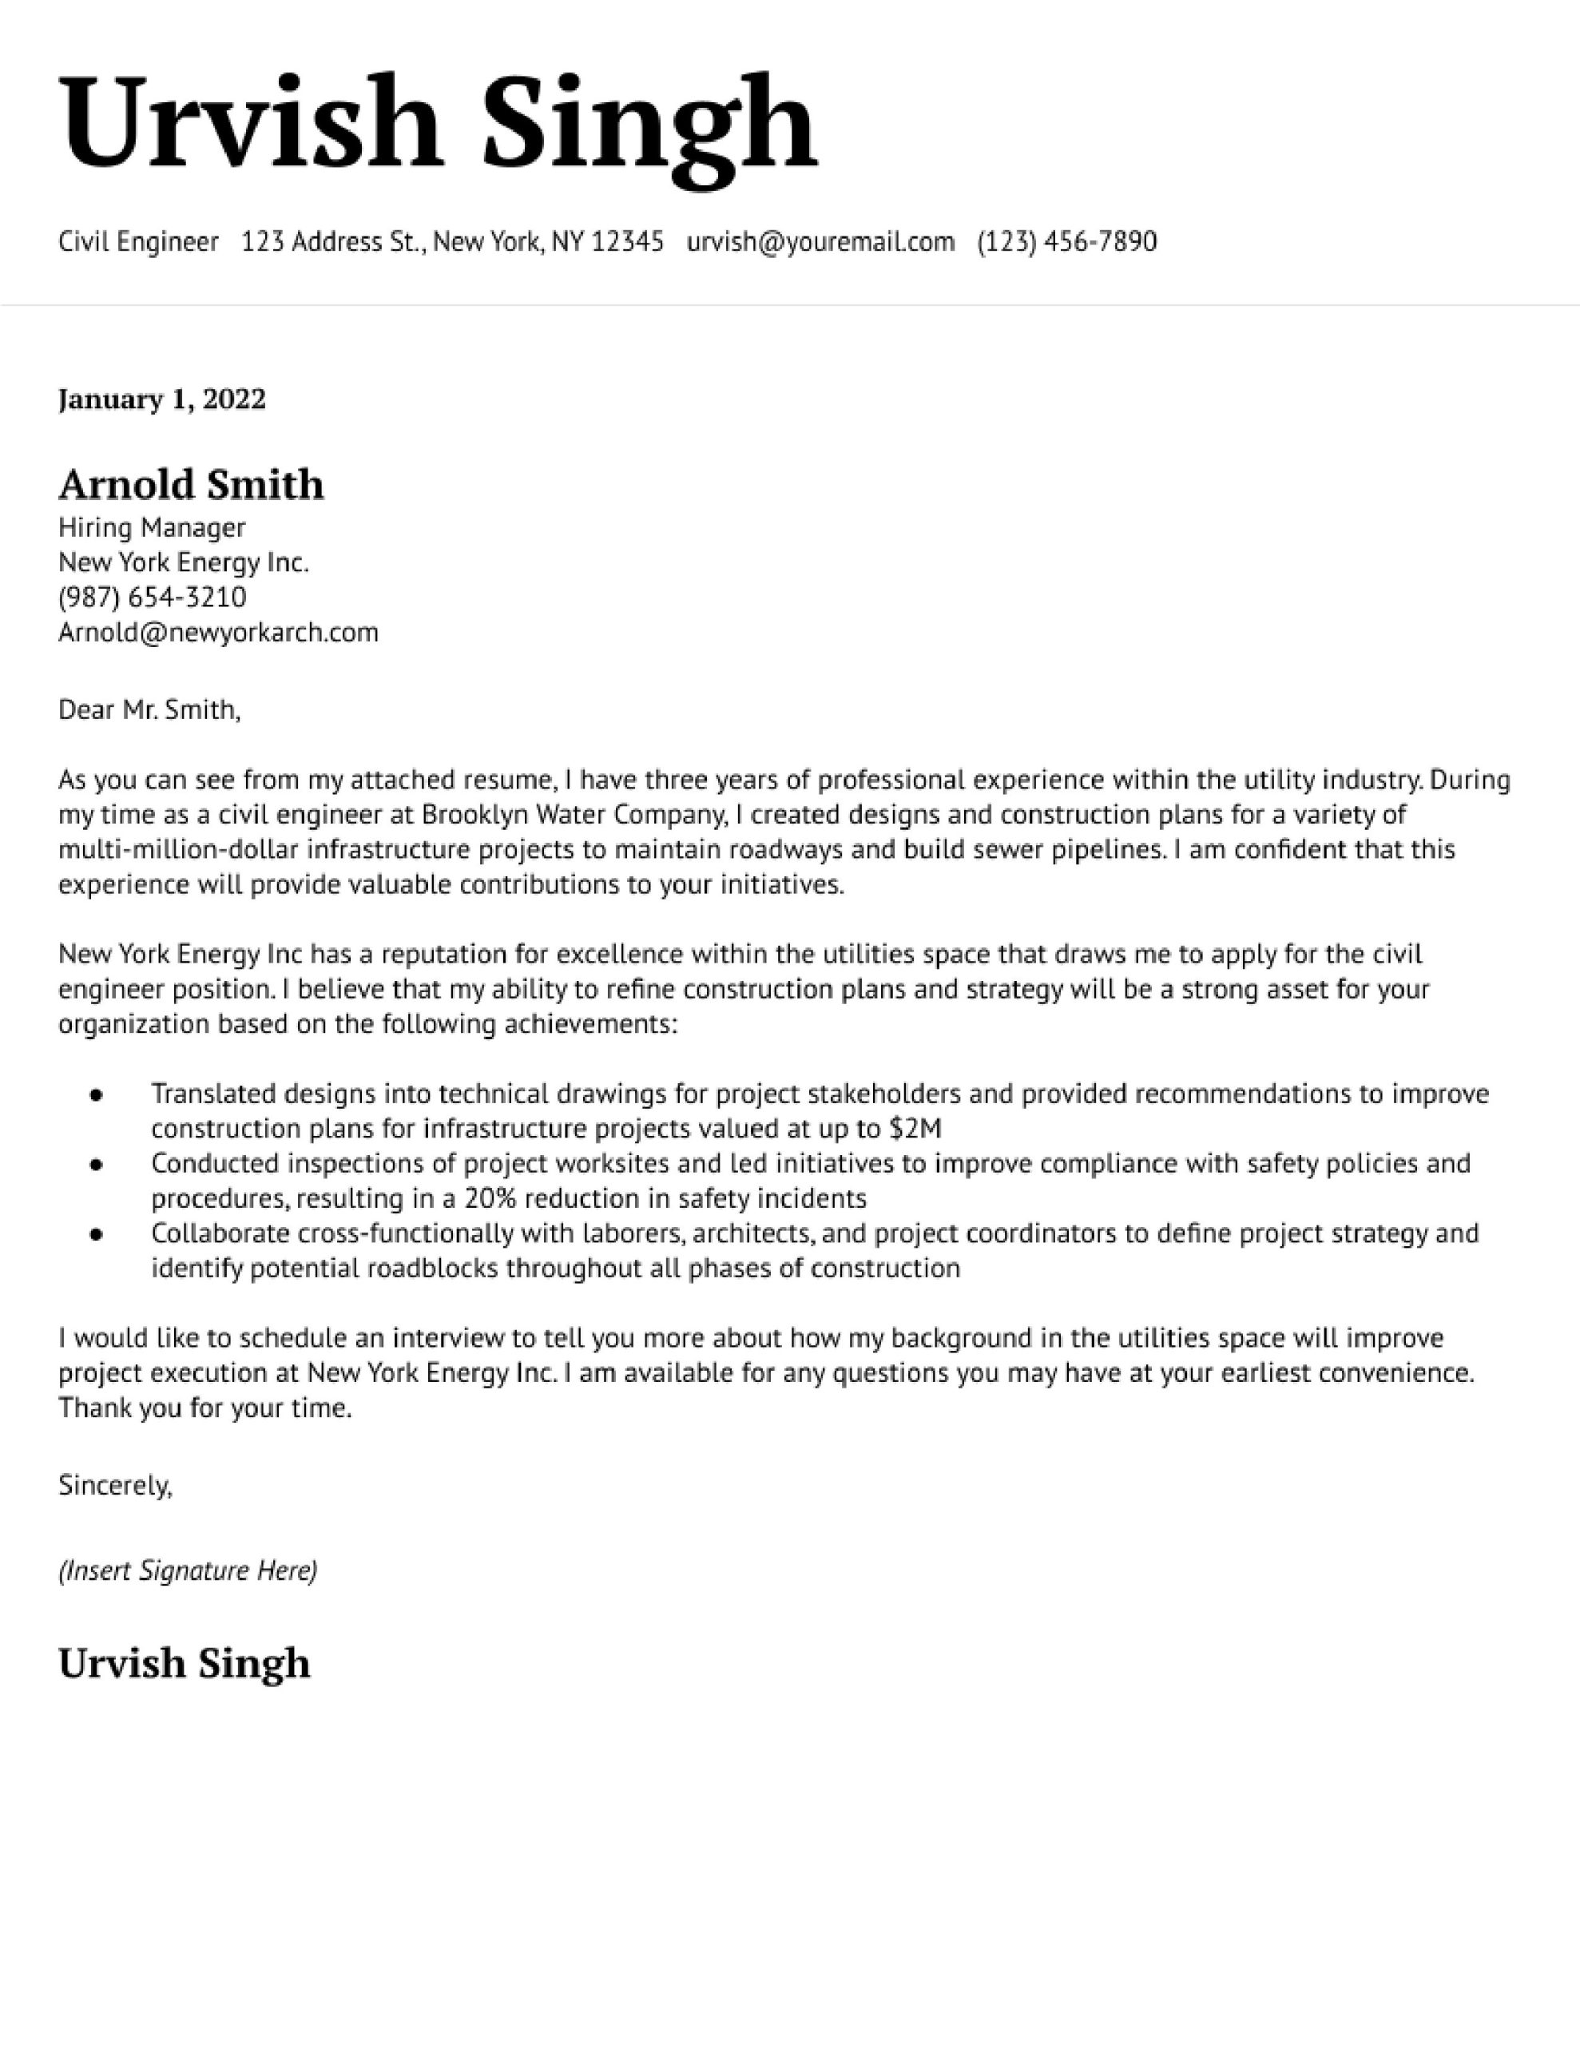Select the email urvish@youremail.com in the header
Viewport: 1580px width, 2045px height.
pos(820,241)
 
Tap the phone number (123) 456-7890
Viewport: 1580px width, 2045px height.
pos(1066,241)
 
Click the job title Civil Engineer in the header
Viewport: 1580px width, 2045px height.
pos(137,241)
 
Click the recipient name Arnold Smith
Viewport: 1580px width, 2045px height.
pos(191,485)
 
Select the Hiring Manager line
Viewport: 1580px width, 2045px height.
pos(152,528)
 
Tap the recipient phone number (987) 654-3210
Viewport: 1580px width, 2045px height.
pos(152,598)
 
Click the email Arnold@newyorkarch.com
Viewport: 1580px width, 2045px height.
pos(218,633)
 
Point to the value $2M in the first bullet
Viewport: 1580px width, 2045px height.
pos(915,1128)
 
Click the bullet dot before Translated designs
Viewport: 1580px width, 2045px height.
pos(96,1094)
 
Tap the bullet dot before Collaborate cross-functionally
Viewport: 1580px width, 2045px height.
pos(96,1234)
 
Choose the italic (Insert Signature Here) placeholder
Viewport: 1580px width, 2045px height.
pos(187,1570)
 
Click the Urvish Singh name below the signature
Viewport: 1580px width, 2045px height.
pos(184,1663)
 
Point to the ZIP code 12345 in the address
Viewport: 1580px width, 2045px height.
pos(628,241)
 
